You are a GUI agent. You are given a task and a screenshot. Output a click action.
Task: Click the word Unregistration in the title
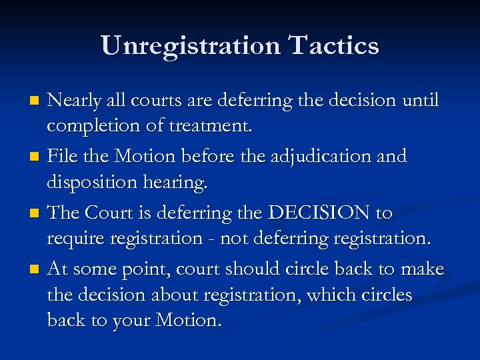pos(190,46)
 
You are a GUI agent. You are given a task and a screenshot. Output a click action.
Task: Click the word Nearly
pos(75,101)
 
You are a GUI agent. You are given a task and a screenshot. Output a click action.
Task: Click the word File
pos(63,157)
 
